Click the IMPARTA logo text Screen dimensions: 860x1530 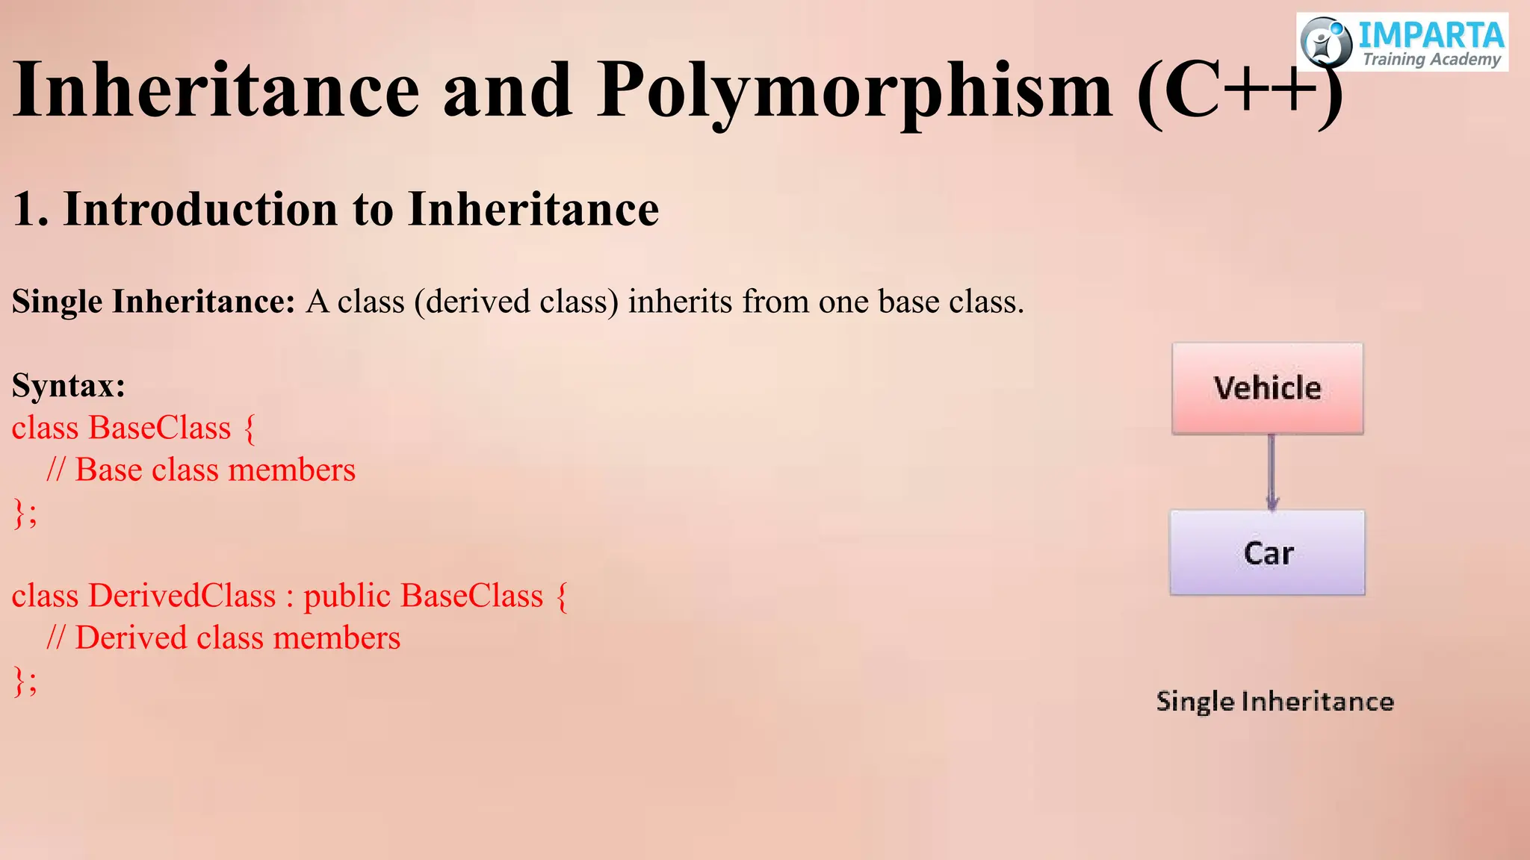(1430, 35)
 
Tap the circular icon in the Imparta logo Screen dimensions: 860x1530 (1326, 43)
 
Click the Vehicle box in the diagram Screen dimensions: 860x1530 (1268, 388)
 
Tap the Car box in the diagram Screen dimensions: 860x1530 (1268, 552)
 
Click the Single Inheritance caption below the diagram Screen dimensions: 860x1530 (1275, 702)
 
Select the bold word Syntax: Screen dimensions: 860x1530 (69, 386)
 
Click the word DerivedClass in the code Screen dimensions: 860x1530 (182, 596)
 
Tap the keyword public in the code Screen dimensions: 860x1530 (347, 596)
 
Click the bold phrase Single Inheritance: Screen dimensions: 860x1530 (154, 302)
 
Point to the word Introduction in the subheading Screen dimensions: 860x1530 (201, 209)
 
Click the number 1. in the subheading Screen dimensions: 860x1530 (31, 209)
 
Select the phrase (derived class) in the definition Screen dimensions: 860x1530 (516, 302)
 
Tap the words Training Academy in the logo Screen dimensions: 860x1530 (1431, 60)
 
